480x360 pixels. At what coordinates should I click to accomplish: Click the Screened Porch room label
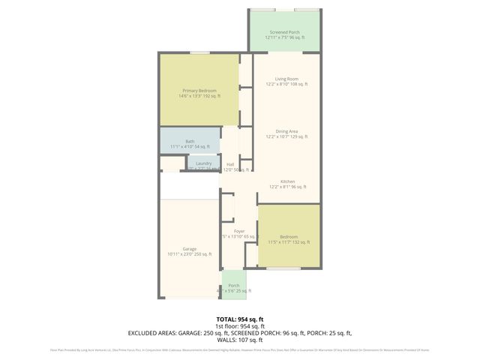pos(284,32)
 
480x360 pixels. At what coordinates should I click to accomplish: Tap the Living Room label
pos(286,79)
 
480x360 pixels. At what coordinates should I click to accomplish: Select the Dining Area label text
pos(286,131)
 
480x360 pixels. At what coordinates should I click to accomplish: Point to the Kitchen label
pos(287,181)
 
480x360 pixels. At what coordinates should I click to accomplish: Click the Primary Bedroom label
pos(199,91)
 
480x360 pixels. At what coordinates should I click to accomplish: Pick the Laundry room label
pos(203,163)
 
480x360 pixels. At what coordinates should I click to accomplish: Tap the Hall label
pos(230,164)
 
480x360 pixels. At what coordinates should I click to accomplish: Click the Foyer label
pos(239,231)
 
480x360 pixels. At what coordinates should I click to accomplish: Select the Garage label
pos(189,249)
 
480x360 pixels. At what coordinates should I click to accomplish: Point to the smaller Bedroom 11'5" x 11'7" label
pos(289,236)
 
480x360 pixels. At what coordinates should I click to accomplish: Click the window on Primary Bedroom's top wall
pos(199,52)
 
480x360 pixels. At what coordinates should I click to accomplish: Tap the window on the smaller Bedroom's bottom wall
pos(289,268)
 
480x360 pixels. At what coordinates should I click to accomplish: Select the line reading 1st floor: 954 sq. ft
pos(240,325)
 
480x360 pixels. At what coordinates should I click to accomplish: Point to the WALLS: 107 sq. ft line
pos(240,339)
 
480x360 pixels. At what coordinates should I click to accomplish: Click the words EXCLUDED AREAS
pos(156,332)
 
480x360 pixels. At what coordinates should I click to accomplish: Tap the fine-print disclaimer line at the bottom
pos(240,349)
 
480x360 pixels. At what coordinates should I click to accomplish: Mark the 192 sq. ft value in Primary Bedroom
pos(209,96)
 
